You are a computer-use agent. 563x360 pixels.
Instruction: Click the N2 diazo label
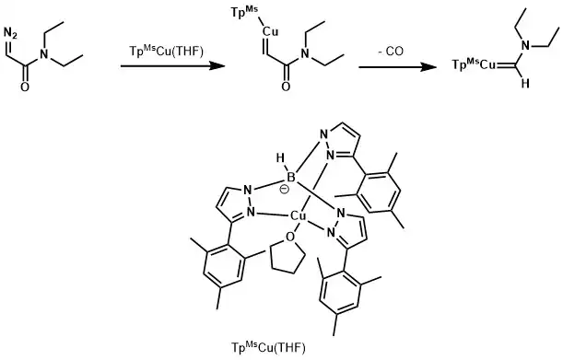pos(10,34)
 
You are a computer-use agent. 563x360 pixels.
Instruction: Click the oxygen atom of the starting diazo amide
pos(24,87)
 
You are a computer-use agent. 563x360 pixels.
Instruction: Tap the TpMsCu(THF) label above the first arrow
pos(166,52)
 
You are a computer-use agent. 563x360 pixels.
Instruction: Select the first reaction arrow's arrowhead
pos(217,65)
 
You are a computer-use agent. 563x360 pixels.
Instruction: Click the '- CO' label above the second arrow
pos(391,52)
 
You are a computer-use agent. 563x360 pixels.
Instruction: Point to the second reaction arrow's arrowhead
pos(428,67)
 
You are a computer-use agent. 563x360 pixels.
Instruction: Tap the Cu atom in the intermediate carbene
pos(270,32)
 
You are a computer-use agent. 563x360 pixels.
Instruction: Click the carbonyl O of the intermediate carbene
pos(286,87)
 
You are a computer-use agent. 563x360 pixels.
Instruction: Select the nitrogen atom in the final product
pos(525,46)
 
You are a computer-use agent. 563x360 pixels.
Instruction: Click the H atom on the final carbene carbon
pos(525,84)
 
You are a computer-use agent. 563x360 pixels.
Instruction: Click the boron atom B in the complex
pos(290,178)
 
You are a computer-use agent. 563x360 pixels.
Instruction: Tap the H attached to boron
pos(280,157)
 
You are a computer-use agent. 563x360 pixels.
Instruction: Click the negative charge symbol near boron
pos(284,189)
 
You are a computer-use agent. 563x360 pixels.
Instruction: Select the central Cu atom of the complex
pos(298,215)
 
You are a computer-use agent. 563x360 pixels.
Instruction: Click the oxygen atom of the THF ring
pos(290,237)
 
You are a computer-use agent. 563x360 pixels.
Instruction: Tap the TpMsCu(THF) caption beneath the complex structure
pos(268,347)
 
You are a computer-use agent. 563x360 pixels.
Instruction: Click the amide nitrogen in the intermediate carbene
pos(305,53)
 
